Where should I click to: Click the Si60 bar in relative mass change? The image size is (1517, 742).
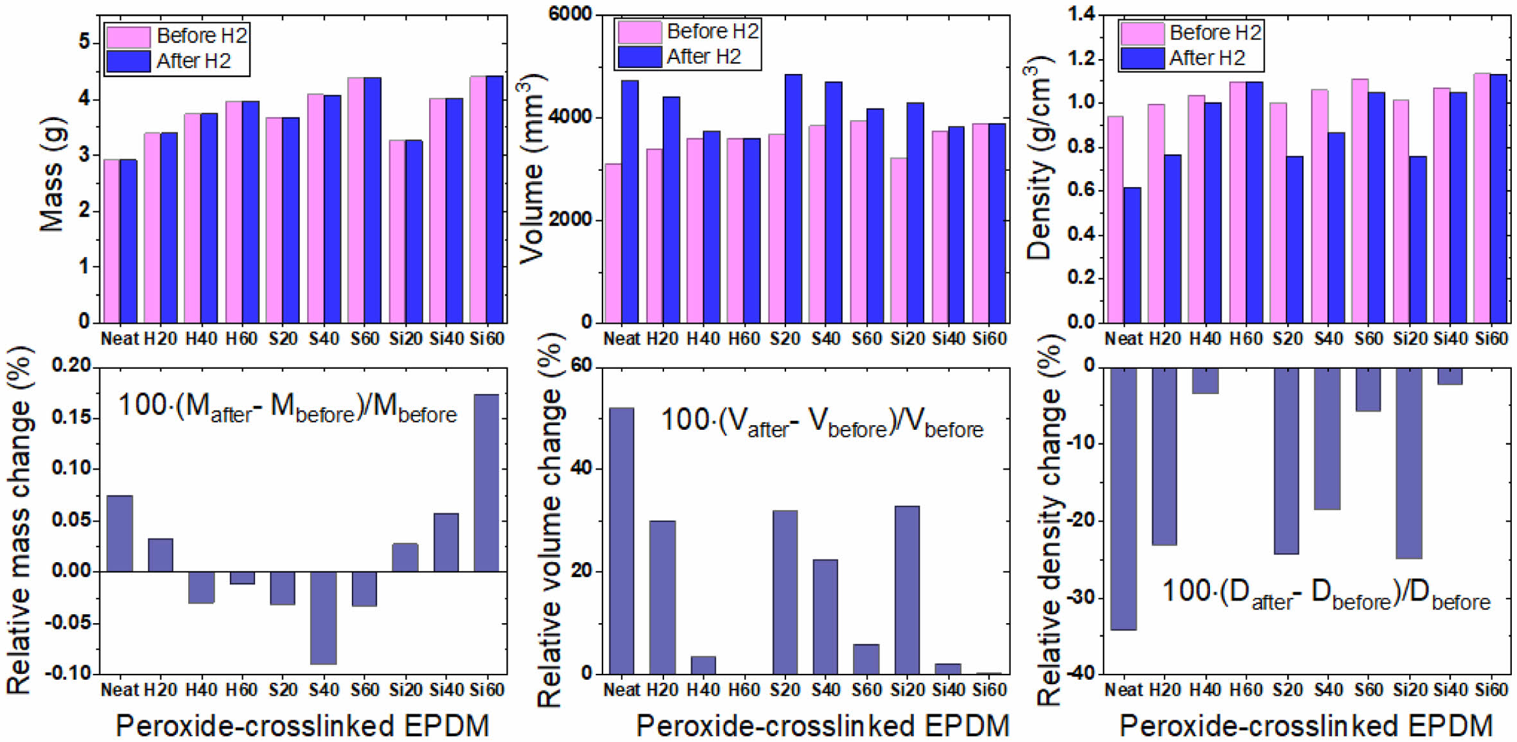tap(486, 482)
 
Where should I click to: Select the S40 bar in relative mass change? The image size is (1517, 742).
tap(323, 617)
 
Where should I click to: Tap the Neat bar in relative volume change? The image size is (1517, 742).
tap(621, 540)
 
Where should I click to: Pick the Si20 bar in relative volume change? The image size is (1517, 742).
tap(906, 589)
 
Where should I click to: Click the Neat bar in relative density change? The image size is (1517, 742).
tap(1123, 499)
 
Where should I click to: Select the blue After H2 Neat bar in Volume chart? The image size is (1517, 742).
tap(630, 201)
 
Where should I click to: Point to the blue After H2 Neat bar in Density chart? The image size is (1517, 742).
tap(1132, 254)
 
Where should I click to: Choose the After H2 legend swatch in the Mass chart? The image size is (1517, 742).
tap(128, 61)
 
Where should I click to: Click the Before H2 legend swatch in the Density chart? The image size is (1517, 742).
tap(1142, 33)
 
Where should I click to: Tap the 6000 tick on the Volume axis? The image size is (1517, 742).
tap(570, 14)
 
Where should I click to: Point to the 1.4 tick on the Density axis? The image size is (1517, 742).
tap(1081, 14)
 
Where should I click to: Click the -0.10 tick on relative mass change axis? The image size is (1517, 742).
tap(71, 673)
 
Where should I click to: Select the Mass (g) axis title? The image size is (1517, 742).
tap(51, 173)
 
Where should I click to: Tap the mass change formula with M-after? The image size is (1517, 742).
tap(287, 408)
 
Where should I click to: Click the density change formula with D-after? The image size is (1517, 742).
tap(1326, 592)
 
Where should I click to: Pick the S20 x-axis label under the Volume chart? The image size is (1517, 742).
tap(784, 339)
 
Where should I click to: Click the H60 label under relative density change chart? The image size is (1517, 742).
tap(1245, 690)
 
